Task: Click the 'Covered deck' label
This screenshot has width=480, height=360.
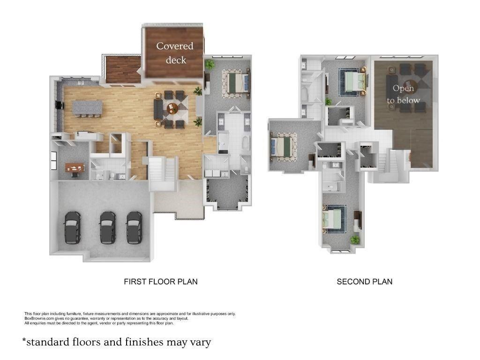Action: (x=174, y=52)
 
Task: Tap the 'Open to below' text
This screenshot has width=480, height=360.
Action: (x=403, y=94)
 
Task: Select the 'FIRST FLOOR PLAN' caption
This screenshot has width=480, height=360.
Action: (x=160, y=282)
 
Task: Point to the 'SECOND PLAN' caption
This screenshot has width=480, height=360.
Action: (x=364, y=282)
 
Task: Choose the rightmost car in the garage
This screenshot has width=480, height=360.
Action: (x=135, y=227)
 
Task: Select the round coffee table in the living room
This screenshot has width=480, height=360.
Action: (x=172, y=108)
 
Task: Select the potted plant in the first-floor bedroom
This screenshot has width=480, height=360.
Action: (x=210, y=64)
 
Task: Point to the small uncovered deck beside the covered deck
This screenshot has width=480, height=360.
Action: (x=120, y=69)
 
